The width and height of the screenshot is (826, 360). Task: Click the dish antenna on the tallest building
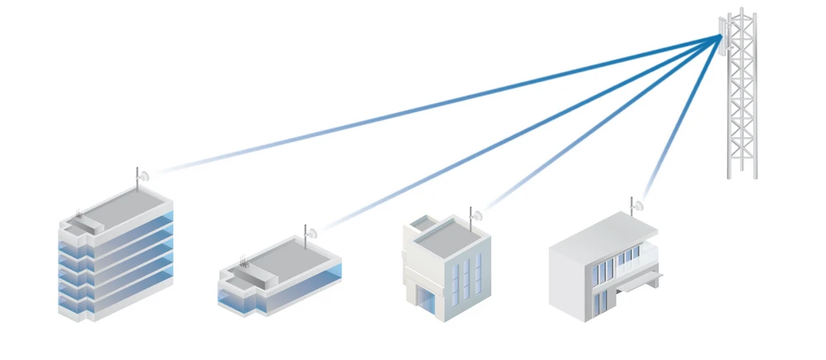142,176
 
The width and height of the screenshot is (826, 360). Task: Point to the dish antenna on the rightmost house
637,206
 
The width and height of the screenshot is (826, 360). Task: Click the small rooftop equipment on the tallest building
79,216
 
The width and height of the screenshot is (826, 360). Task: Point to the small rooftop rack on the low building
245,263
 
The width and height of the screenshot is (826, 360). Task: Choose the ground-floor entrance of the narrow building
425,299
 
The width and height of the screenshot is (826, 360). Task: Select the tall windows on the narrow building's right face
467,277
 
